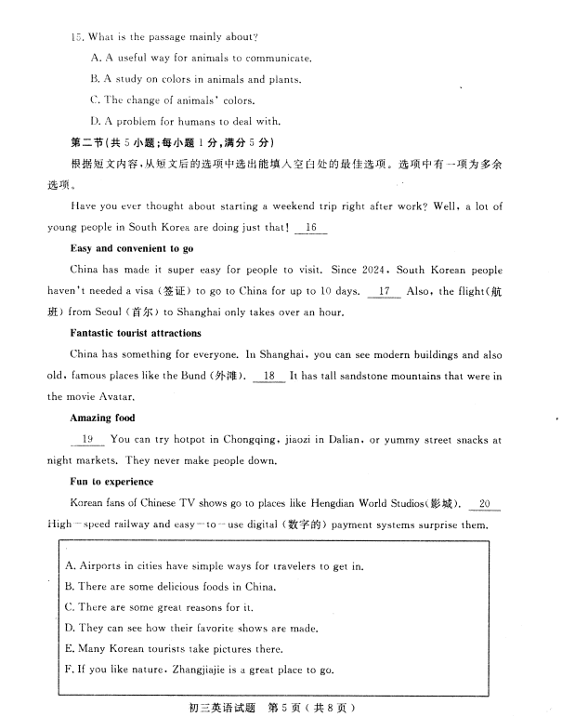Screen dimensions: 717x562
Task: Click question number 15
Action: (x=75, y=37)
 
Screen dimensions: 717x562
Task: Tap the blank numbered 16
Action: (x=311, y=227)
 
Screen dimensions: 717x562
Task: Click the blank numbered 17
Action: (x=384, y=291)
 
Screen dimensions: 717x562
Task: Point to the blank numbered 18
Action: (x=269, y=376)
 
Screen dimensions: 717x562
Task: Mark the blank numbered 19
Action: (x=87, y=439)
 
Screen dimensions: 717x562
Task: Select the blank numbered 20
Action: (x=485, y=504)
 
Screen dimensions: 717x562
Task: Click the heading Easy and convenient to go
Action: (x=132, y=249)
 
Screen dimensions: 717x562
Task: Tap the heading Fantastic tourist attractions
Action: (x=136, y=333)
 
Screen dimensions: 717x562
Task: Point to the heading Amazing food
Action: (x=102, y=418)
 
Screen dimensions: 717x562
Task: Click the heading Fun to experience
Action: (x=111, y=483)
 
